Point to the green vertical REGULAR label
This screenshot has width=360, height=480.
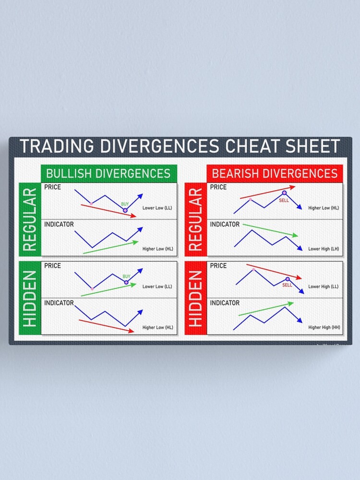point(30,219)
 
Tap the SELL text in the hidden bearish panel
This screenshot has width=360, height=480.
point(287,285)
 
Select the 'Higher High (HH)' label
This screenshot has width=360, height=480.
point(324,327)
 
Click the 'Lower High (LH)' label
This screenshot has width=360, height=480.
point(324,249)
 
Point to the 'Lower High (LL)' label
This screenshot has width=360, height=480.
point(324,287)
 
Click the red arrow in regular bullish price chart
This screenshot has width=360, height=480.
point(108,210)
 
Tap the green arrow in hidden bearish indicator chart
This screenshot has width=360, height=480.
point(265,310)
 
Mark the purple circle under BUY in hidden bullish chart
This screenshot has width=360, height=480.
point(126,283)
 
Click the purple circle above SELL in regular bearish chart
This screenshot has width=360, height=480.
point(284,193)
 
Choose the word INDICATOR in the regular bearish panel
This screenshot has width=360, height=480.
point(225,225)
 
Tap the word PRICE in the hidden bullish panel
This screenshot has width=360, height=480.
point(52,265)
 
